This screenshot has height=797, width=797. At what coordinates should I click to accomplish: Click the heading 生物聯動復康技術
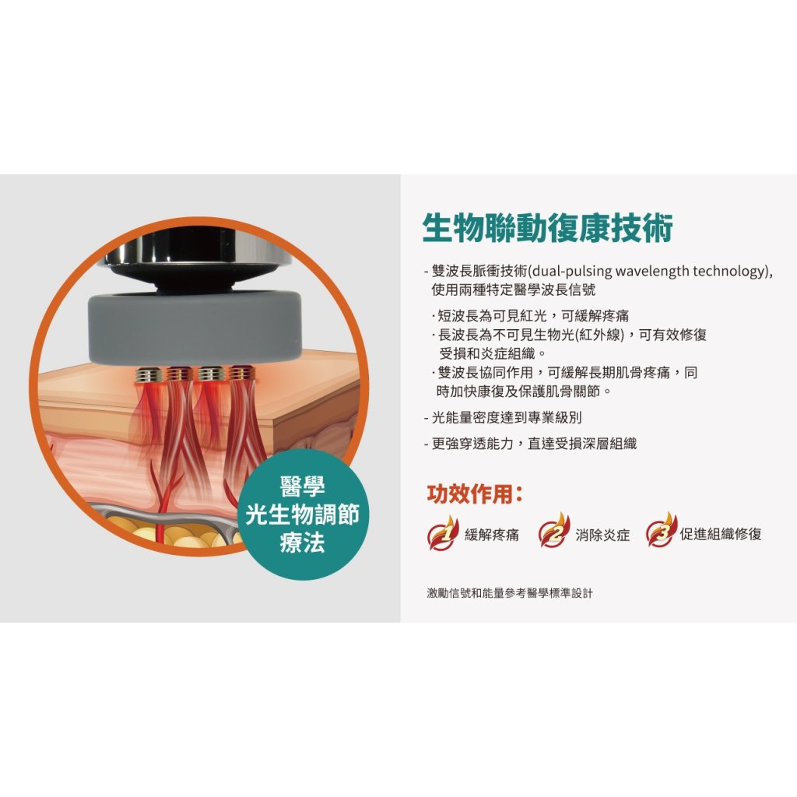pyautogui.click(x=547, y=229)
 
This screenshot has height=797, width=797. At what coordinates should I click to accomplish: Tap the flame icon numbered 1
pyautogui.click(x=443, y=532)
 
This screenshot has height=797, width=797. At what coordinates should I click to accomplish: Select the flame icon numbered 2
pyautogui.click(x=554, y=531)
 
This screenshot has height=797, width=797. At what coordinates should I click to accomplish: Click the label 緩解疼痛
pyautogui.click(x=492, y=535)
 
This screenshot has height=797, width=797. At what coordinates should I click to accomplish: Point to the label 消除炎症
pyautogui.click(x=602, y=535)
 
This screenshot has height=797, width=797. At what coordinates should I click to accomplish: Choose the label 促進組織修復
pyautogui.click(x=721, y=534)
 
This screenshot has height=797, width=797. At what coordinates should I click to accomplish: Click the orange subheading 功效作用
pyautogui.click(x=475, y=494)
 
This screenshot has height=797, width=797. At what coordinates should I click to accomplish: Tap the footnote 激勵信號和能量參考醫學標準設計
pyautogui.click(x=510, y=592)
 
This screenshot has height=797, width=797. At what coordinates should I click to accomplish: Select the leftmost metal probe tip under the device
pyautogui.click(x=149, y=374)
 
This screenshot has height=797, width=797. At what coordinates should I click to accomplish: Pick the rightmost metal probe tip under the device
pyautogui.click(x=241, y=374)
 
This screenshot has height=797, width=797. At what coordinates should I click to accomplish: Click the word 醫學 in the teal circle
pyautogui.click(x=302, y=487)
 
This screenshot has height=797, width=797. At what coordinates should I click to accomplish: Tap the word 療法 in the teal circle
pyautogui.click(x=302, y=542)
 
